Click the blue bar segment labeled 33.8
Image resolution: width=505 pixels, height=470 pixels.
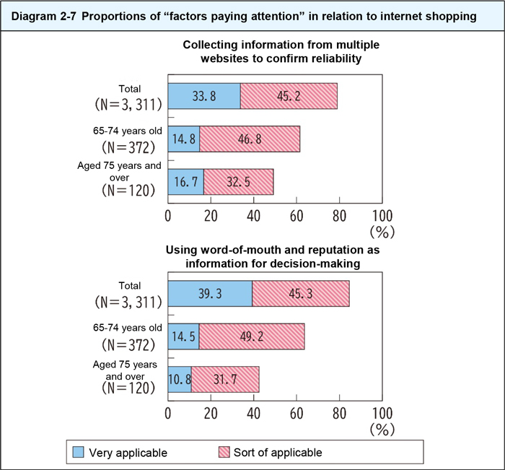click(204, 96)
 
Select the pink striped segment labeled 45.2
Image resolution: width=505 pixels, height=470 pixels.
click(289, 96)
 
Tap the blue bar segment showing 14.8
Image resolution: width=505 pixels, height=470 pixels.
click(184, 139)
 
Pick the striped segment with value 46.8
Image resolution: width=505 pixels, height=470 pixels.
click(250, 139)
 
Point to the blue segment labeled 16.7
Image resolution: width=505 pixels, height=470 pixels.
click(186, 181)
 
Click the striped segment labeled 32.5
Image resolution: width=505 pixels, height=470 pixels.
click(238, 181)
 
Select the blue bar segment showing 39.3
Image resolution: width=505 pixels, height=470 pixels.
click(210, 294)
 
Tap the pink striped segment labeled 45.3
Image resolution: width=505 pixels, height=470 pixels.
click(301, 294)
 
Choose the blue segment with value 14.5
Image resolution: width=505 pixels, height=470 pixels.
click(183, 336)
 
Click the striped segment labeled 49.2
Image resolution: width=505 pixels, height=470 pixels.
click(252, 336)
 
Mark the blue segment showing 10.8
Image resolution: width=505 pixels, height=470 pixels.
click(180, 379)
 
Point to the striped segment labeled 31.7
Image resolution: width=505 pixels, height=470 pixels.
click(225, 379)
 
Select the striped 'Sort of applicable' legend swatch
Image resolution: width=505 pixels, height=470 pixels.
click(224, 452)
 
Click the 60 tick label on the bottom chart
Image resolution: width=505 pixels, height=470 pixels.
click(296, 414)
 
